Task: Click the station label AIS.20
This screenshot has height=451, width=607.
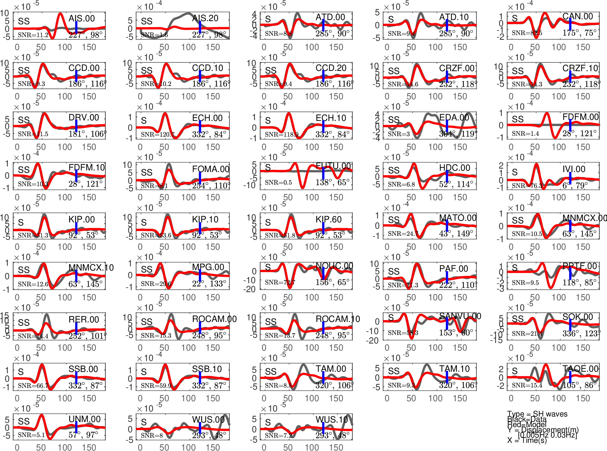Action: pos(205,18)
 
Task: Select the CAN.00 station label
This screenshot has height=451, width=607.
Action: pos(577,16)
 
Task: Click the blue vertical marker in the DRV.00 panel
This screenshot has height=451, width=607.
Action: pos(76,126)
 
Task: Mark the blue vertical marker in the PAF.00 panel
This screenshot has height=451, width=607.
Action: pos(447,277)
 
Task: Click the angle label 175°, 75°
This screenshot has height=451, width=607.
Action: pos(579,33)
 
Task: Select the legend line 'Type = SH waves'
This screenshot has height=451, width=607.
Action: pos(537,414)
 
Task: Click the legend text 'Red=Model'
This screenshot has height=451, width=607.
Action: pos(527,424)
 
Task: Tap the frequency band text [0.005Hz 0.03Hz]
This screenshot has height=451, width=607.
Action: pos(547,435)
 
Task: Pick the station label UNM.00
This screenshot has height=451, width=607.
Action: pos(84,419)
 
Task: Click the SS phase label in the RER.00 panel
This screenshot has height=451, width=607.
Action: pos(24,322)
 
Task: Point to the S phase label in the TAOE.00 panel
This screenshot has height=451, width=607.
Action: pos(515,371)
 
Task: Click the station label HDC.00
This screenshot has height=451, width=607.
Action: pos(454,168)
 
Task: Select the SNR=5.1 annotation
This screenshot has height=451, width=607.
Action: pos(31,435)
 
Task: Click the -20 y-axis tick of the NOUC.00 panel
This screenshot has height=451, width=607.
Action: pos(250,289)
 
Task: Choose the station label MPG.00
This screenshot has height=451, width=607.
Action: pos(208,267)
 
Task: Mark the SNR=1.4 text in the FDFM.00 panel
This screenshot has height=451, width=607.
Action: pos(525,134)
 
